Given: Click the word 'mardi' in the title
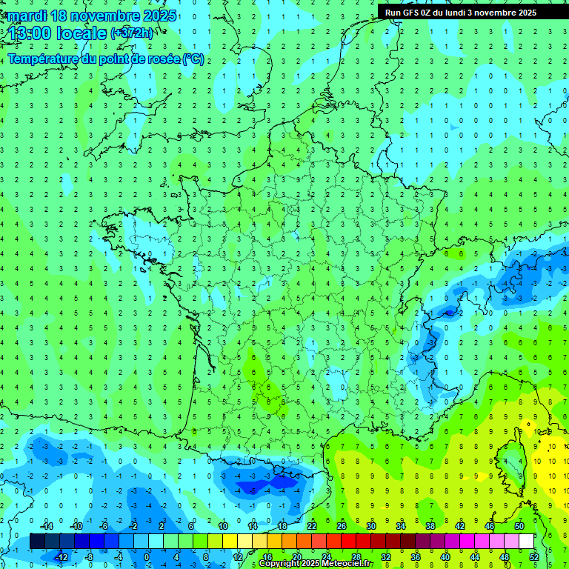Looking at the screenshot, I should (x=25, y=16).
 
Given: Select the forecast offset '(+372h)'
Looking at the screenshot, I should (x=132, y=33).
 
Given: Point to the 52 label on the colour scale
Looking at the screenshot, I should (x=533, y=557).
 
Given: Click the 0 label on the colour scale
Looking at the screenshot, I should (x=147, y=557).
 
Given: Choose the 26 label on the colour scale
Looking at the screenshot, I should (x=342, y=526).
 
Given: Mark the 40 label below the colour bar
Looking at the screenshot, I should (x=445, y=557).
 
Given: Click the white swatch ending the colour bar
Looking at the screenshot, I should (x=526, y=542).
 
